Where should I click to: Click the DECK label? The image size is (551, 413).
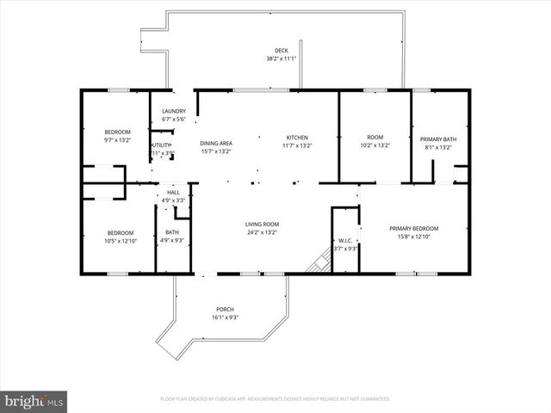281,51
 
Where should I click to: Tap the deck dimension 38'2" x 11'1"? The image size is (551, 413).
281,59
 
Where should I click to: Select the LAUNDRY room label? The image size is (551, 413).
174,111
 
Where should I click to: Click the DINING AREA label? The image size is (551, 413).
216,143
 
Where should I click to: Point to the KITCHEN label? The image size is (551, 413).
298,138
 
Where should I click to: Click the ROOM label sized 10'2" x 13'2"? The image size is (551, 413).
375,138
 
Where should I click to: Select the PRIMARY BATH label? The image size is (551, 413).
438,139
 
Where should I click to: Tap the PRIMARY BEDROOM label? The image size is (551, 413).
413,228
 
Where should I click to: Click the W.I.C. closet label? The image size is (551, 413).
344,241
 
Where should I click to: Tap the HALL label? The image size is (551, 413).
174,193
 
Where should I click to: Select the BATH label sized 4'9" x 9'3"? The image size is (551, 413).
171,232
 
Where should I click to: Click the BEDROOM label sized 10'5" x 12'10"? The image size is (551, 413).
120,232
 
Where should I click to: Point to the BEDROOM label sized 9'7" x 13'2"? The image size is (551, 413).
117,132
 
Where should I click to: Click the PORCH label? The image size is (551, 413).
225,309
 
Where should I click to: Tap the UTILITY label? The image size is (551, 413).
163,145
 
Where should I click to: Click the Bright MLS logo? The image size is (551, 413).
34,401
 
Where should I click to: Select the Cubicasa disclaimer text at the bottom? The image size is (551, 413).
275,399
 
